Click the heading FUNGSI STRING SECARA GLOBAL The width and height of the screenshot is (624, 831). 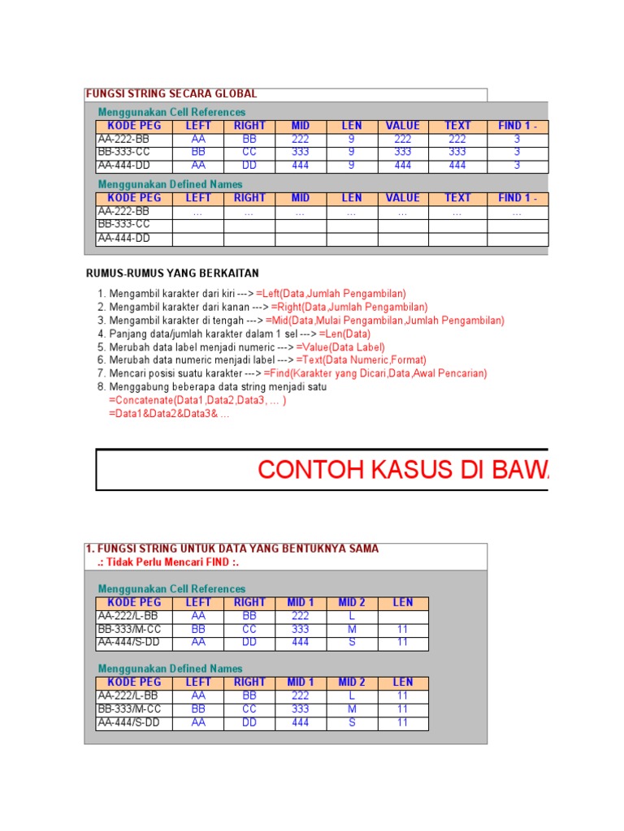(171, 94)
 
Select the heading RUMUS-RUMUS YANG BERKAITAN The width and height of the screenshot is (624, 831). (172, 273)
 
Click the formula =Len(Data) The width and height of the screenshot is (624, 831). (344, 334)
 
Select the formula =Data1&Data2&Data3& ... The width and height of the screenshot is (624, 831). (168, 414)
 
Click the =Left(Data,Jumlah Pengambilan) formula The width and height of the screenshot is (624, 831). (331, 294)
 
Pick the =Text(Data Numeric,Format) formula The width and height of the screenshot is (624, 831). (361, 360)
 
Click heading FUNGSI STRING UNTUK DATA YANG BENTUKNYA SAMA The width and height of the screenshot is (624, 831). (232, 549)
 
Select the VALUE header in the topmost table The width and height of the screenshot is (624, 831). (403, 126)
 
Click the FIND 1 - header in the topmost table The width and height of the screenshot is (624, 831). (517, 126)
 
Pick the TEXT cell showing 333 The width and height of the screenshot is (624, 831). (457, 152)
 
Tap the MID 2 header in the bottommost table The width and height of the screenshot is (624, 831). (352, 682)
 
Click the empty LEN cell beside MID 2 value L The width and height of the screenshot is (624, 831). (403, 616)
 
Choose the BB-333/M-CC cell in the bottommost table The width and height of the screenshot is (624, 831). (133, 709)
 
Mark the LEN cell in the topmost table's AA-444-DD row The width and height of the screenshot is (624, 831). (352, 166)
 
